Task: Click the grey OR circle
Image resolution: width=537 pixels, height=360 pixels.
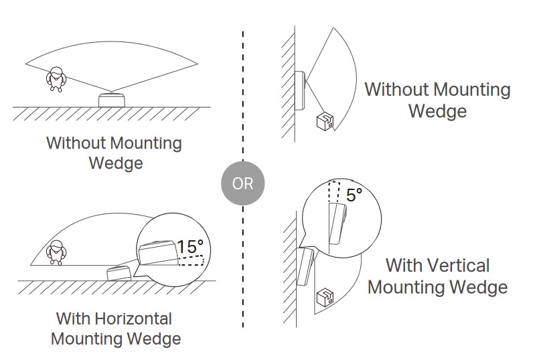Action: click(x=242, y=183)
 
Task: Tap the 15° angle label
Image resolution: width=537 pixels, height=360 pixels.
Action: click(x=190, y=246)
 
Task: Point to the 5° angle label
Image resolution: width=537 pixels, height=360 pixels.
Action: click(x=354, y=195)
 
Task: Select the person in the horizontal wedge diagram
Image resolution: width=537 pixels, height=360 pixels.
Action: click(x=56, y=252)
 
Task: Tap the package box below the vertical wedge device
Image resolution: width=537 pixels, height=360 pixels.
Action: click(x=325, y=298)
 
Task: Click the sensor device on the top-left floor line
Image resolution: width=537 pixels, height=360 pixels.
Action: click(x=112, y=100)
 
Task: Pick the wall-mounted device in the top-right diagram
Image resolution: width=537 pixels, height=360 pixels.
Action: click(x=300, y=91)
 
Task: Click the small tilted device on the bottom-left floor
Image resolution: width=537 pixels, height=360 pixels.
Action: click(x=119, y=273)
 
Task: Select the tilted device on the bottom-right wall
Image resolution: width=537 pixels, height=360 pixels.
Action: click(x=305, y=266)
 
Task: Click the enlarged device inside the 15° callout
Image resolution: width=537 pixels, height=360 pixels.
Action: click(x=158, y=252)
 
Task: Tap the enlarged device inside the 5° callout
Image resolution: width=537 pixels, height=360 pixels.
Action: click(x=338, y=224)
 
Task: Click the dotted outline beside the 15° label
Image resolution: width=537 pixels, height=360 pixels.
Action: click(x=191, y=260)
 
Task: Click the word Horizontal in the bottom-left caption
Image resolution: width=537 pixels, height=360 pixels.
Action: click(x=133, y=319)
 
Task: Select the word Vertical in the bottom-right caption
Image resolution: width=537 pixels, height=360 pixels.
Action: click(x=458, y=266)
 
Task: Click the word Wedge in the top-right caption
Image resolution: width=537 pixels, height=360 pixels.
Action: click(x=437, y=111)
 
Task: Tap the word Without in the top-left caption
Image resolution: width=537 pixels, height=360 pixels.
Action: click(x=77, y=143)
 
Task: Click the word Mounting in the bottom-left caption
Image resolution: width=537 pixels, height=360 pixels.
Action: click(x=88, y=339)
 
